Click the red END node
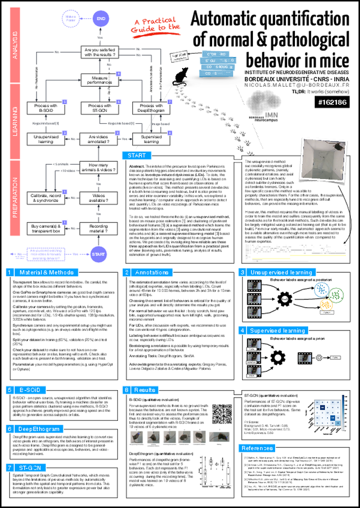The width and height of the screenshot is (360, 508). (x=101, y=18)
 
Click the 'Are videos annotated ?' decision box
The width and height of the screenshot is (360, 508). (x=100, y=139)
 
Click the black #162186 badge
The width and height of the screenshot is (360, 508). (x=337, y=102)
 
